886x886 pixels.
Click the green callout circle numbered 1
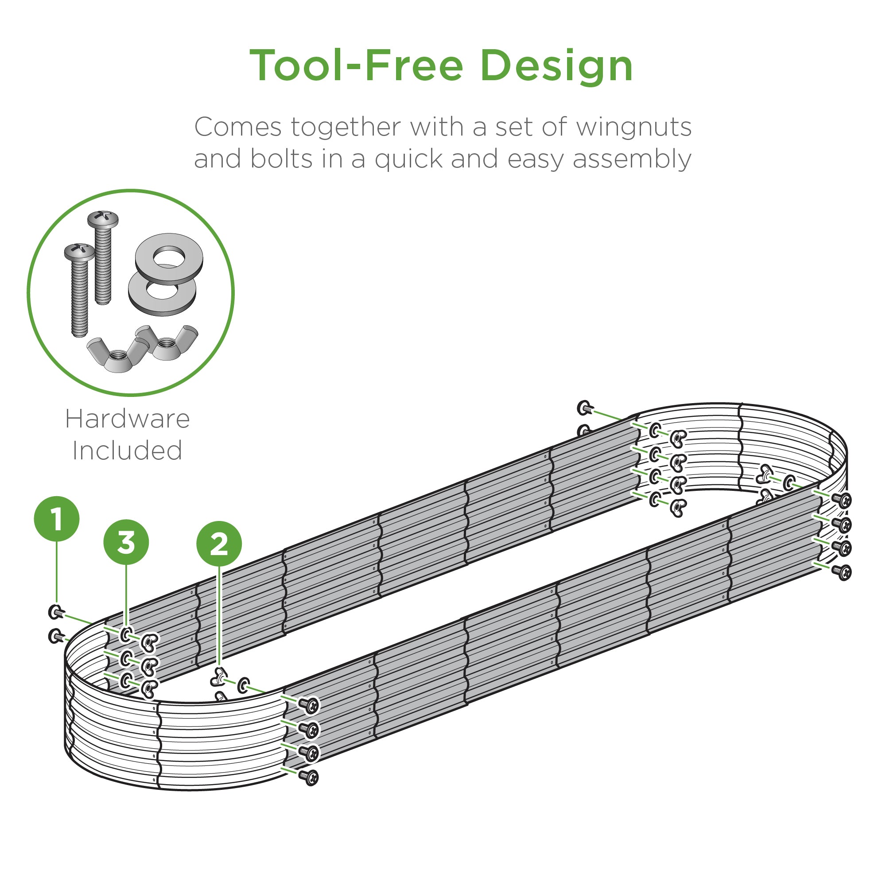(57, 519)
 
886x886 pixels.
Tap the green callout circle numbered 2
(219, 544)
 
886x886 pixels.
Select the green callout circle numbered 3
(126, 542)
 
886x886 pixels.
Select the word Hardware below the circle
(128, 419)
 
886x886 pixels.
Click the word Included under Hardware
(128, 451)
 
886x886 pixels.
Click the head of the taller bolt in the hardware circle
(103, 220)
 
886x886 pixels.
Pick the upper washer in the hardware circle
(169, 259)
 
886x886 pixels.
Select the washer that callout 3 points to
(126, 635)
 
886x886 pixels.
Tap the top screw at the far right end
(842, 500)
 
